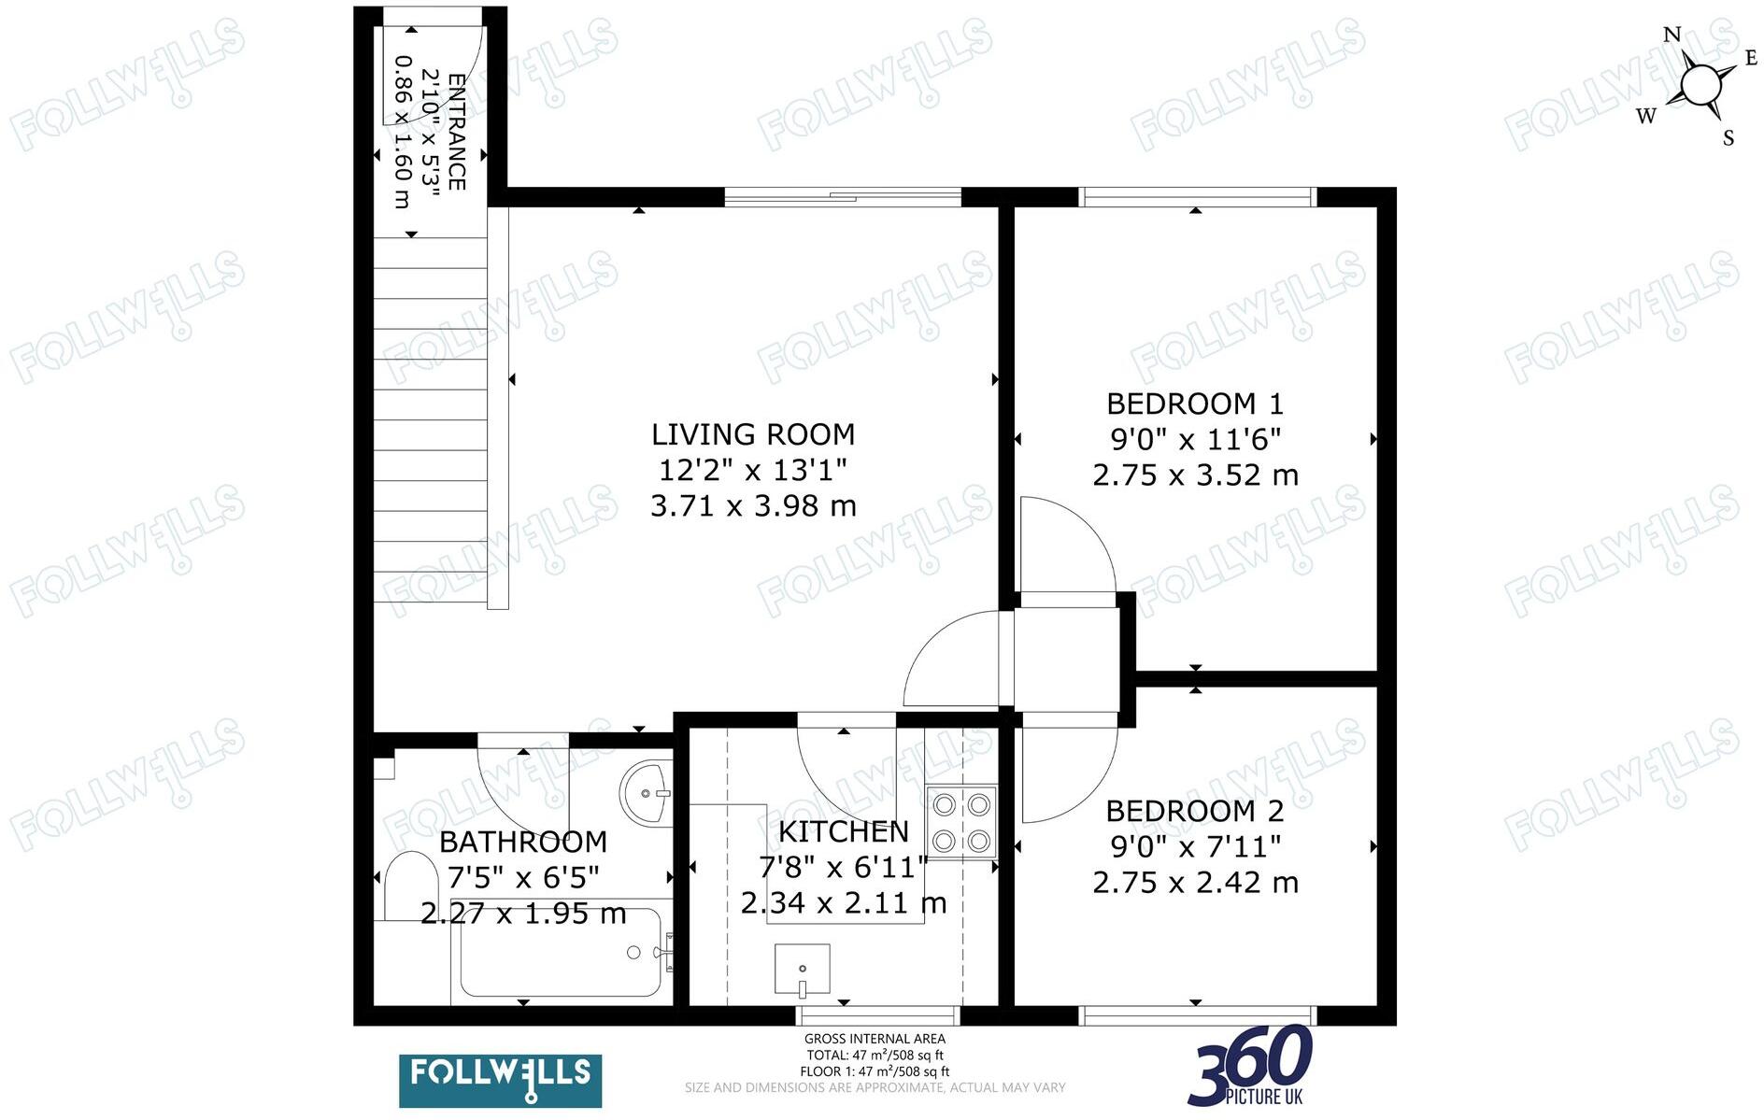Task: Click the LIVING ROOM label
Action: pyautogui.click(x=753, y=434)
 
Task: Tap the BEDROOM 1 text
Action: pyautogui.click(x=1195, y=404)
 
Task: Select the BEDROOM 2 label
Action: pyautogui.click(x=1195, y=811)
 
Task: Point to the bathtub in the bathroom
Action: pyautogui.click(x=561, y=953)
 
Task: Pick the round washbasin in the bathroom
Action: pyautogui.click(x=646, y=793)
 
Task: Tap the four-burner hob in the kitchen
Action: pyautogui.click(x=961, y=822)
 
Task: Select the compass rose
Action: pyautogui.click(x=1700, y=85)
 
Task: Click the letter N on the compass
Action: pyautogui.click(x=1672, y=35)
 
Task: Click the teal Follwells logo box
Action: pyautogui.click(x=500, y=1081)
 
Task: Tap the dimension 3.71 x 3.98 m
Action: pyautogui.click(x=753, y=506)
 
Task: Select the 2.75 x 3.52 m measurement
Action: pyautogui.click(x=1195, y=475)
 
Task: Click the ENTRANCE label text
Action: pyautogui.click(x=457, y=131)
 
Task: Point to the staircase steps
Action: pyautogui.click(x=430, y=420)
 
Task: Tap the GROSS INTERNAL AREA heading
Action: pyautogui.click(x=875, y=1039)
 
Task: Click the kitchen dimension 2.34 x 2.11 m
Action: pyautogui.click(x=843, y=903)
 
